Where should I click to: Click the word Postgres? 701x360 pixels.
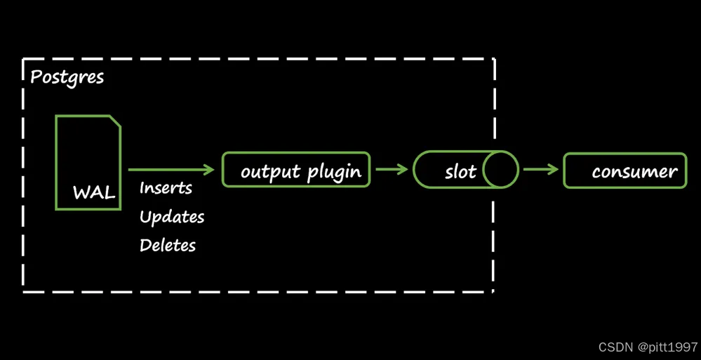(x=67, y=78)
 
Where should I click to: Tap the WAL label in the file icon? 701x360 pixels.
(x=94, y=193)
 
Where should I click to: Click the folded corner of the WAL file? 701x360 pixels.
(x=115, y=121)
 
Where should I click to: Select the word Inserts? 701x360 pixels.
(x=166, y=188)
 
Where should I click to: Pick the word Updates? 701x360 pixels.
(x=172, y=217)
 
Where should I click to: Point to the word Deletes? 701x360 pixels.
(x=168, y=245)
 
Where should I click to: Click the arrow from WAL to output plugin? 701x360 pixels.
(x=171, y=170)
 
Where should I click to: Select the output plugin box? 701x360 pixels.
(x=296, y=170)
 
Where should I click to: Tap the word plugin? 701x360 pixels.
(x=335, y=172)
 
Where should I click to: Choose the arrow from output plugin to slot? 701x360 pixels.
(x=392, y=170)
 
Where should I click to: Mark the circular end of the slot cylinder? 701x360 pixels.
(x=501, y=170)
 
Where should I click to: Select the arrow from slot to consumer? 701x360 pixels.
(x=541, y=170)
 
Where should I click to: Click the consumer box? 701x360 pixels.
(x=625, y=171)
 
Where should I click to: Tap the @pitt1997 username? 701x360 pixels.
(x=667, y=347)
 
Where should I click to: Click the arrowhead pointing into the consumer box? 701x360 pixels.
(x=554, y=170)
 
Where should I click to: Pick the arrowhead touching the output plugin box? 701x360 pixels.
(x=210, y=170)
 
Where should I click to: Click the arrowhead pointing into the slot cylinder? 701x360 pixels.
(x=403, y=170)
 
